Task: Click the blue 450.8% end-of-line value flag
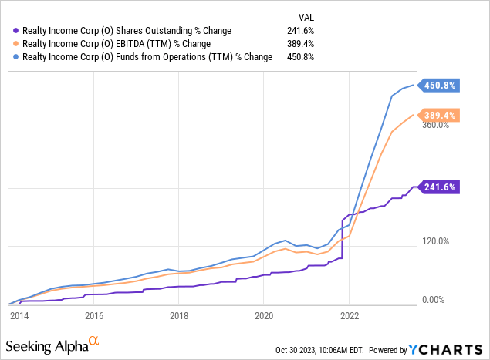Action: pos(438,86)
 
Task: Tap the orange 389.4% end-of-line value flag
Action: pos(438,116)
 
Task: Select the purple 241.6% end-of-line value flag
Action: pos(438,187)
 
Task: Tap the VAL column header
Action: pos(306,17)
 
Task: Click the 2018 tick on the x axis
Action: pos(179,315)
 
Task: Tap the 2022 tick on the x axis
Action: pos(349,315)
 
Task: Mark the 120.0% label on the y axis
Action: pos(434,241)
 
